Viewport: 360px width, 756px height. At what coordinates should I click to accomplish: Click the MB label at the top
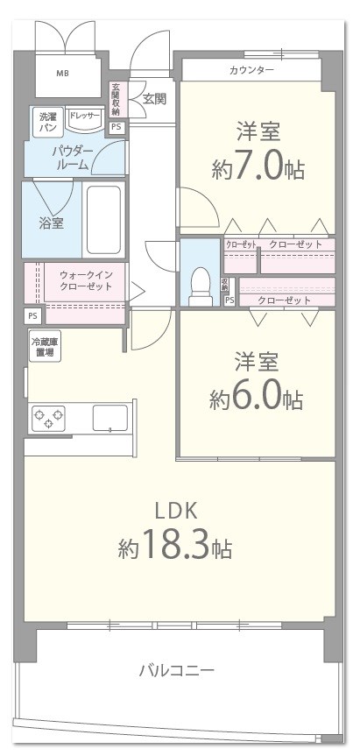pos(62,73)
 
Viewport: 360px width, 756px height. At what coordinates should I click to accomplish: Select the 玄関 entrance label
pos(154,98)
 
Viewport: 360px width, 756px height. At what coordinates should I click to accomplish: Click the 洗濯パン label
pos(46,122)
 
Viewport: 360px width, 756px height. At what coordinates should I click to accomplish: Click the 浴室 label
pos(51,223)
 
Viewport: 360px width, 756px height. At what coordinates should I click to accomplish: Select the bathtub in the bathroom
pos(103,219)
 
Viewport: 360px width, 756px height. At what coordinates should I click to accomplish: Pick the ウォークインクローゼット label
pos(85,280)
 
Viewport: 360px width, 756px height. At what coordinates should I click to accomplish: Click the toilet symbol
pos(201,282)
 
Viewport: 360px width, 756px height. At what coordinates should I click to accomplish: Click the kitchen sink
pos(109,418)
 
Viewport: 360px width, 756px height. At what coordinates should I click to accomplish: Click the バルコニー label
pos(176,671)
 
